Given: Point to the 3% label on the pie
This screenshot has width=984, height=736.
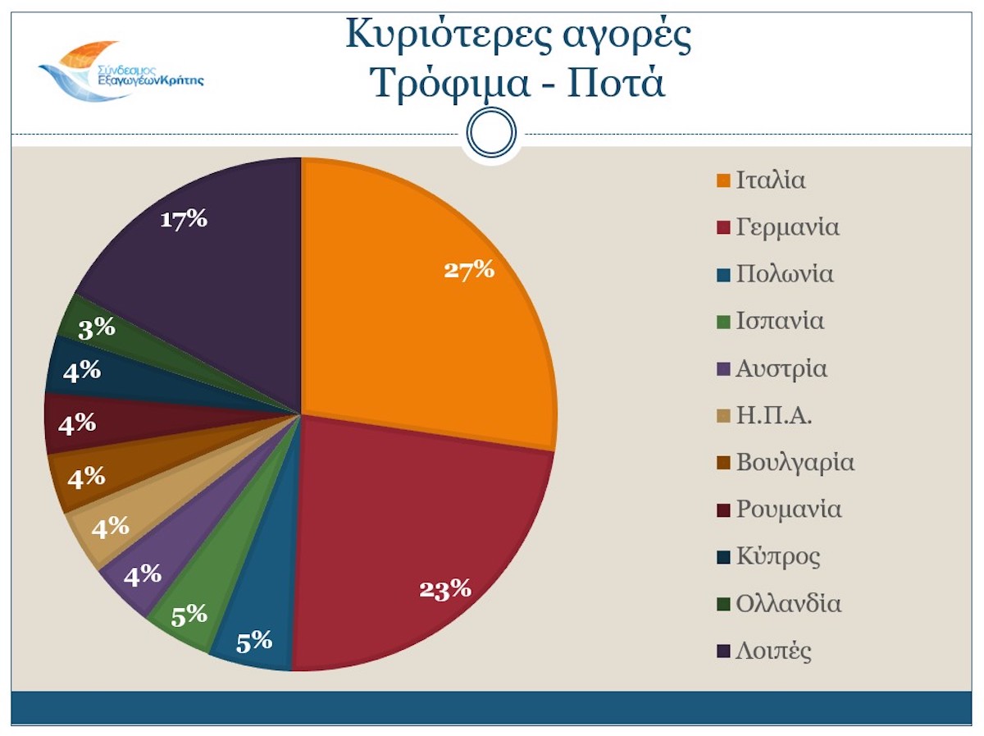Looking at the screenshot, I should point(97,328).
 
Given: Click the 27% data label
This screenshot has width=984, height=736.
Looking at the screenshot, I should point(469,269).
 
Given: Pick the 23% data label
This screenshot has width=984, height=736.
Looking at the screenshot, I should point(444,589).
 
